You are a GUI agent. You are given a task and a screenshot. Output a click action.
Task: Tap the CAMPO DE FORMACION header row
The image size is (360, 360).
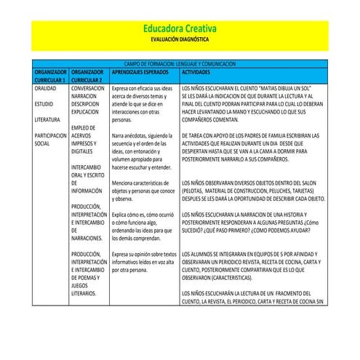tap(180, 65)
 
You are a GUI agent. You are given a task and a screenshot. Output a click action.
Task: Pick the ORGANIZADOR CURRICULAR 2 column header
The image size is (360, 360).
tap(89, 76)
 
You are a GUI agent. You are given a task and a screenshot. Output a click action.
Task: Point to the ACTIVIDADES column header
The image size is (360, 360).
tap(199, 73)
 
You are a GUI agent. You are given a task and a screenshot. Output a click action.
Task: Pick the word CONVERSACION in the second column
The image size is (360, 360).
tap(91, 87)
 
